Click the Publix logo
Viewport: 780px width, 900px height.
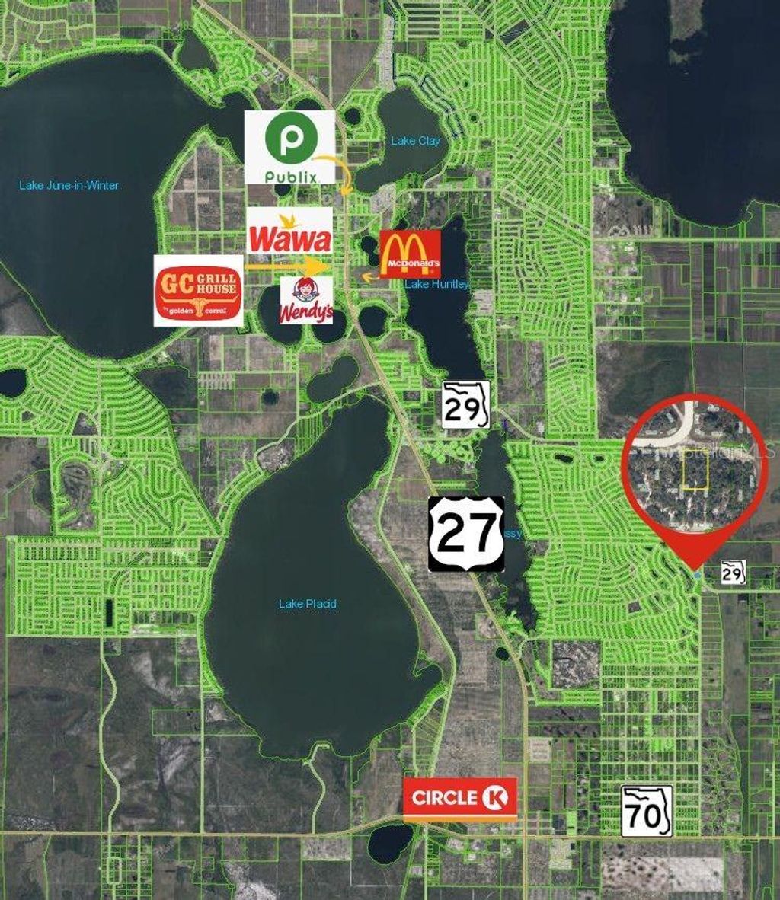coord(289,146)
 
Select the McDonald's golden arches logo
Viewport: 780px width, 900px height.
coord(411,253)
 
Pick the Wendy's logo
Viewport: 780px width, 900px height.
coord(306,300)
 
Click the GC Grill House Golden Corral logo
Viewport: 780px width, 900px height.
coord(198,291)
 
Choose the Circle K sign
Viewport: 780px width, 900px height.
coord(460,798)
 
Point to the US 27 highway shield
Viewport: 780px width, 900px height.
coord(466,534)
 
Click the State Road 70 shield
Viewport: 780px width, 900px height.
coord(647,810)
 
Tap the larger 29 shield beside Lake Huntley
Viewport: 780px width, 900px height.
coord(465,404)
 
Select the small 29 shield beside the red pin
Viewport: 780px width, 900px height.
coord(733,571)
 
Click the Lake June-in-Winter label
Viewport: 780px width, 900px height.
coord(69,185)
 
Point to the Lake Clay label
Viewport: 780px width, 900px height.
coord(415,141)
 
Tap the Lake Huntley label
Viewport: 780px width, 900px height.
coord(437,285)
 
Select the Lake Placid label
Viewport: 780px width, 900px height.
coord(308,604)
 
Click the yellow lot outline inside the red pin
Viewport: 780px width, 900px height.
coord(694,469)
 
